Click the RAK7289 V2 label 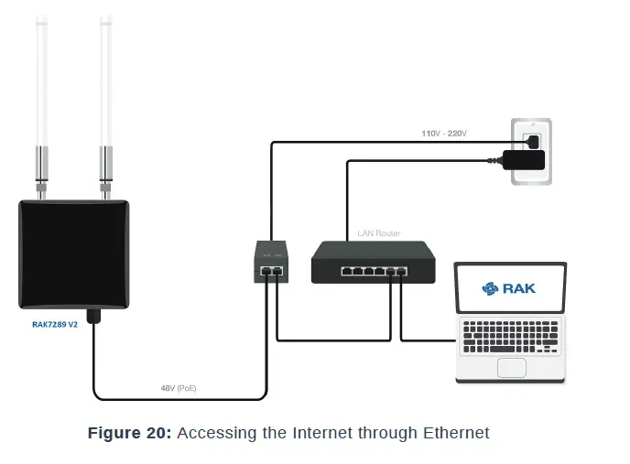point(54,324)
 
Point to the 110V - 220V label point(444,134)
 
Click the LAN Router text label point(377,233)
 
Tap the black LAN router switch point(375,262)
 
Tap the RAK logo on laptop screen point(509,288)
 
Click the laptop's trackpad point(511,367)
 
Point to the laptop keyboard point(511,338)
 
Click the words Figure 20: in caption point(128,433)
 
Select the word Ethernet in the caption point(456,433)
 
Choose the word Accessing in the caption point(207,433)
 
